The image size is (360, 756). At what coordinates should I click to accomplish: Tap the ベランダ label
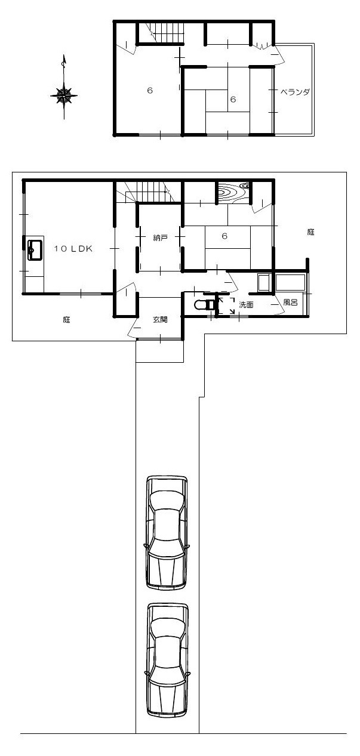295,92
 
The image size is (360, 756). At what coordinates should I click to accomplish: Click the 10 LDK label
73,249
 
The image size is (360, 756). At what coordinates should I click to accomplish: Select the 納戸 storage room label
160,238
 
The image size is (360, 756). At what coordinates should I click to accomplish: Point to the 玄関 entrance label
160,319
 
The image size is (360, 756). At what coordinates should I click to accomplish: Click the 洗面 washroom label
246,305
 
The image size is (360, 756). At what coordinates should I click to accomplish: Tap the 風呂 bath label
290,303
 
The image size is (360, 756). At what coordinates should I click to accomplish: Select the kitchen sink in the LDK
35,249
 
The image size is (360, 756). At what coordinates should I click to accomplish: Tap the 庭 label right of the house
310,232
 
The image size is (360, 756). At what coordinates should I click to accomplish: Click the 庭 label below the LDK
66,319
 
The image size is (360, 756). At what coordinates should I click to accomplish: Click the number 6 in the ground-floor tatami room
224,236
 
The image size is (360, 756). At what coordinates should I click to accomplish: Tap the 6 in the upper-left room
150,91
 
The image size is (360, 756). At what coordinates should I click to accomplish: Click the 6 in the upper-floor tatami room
233,99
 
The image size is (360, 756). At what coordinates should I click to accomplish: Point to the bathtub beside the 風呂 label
290,283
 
